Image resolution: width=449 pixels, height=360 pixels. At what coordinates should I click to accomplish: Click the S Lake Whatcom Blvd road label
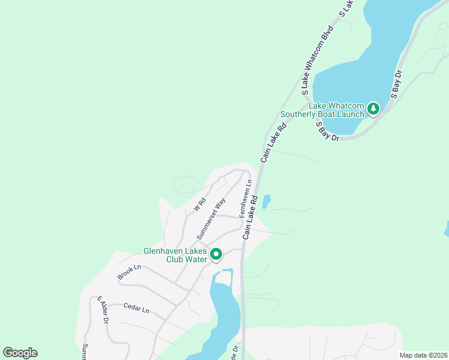pyautogui.click(x=317, y=61)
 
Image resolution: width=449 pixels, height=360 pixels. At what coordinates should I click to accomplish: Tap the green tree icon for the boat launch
pyautogui.click(x=374, y=109)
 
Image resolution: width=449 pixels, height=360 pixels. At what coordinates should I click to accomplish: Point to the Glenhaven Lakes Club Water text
pyautogui.click(x=175, y=255)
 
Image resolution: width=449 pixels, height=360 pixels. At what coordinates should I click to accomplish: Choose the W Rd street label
pyautogui.click(x=200, y=205)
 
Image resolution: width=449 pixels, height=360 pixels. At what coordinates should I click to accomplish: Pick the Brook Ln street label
pyautogui.click(x=128, y=271)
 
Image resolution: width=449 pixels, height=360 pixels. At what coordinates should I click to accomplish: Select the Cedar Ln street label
pyautogui.click(x=136, y=308)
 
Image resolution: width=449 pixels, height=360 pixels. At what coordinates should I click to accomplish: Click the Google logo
pyautogui.click(x=20, y=353)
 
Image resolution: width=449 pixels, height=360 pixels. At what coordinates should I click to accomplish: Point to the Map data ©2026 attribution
pyautogui.click(x=423, y=355)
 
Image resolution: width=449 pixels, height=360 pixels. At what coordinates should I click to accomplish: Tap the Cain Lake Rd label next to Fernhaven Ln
pyautogui.click(x=251, y=217)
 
